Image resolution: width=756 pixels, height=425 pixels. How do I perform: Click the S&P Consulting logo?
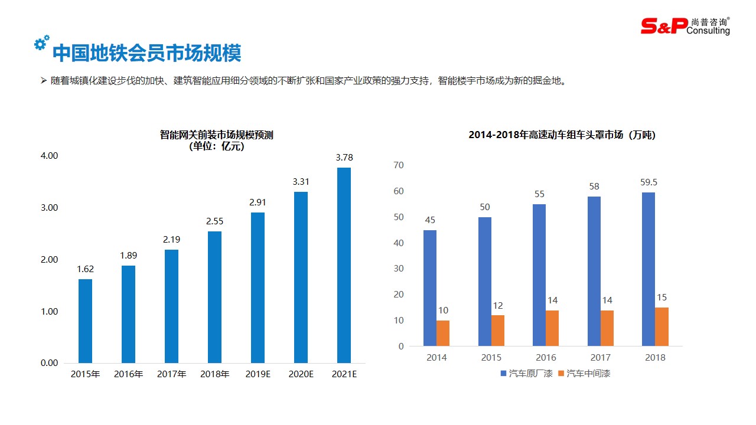[685, 26]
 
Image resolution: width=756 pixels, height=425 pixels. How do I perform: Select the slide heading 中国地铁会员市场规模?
[146, 54]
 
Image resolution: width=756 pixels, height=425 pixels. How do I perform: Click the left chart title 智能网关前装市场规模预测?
[216, 135]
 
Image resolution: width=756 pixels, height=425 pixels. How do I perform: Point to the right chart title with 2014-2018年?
[562, 135]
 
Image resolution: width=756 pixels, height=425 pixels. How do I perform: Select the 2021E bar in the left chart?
[344, 265]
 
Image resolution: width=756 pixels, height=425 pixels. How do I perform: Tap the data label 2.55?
[214, 221]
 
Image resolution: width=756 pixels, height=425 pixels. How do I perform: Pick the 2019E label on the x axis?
[258, 374]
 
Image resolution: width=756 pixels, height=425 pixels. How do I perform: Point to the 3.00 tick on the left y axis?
[49, 208]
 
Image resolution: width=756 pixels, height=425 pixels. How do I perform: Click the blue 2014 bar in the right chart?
[430, 287]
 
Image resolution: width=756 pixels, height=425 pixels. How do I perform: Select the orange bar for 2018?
[661, 326]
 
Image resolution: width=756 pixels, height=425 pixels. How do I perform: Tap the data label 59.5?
[648, 182]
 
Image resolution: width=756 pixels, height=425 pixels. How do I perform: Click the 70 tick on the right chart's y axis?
[398, 165]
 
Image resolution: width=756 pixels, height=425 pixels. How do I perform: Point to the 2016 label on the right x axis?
[546, 357]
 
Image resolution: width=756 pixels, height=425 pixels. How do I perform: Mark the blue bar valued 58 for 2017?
[594, 271]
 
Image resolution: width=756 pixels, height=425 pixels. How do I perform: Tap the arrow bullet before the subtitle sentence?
[44, 81]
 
